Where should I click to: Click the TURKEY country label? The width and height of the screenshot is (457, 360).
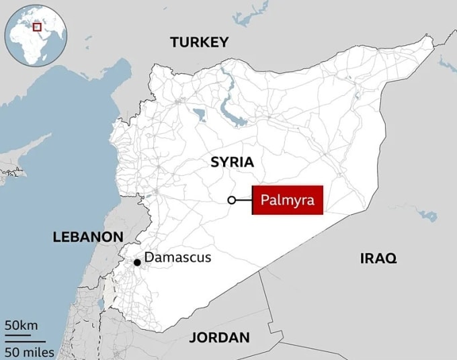199,42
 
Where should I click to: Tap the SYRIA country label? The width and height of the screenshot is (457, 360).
232,162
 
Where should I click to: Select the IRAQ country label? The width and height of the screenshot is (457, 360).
378,258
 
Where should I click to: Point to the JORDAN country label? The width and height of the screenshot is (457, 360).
219,337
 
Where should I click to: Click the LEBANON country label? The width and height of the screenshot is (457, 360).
88,236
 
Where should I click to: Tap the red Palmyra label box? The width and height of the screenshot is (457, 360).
288,200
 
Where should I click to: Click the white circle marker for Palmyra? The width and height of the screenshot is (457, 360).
232,200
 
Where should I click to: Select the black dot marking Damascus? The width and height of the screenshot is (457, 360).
137,262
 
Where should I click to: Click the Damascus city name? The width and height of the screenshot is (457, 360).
178,257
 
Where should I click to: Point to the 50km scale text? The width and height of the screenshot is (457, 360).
22,325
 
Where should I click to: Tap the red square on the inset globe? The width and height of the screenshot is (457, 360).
38,27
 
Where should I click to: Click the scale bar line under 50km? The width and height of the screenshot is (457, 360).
20,334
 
